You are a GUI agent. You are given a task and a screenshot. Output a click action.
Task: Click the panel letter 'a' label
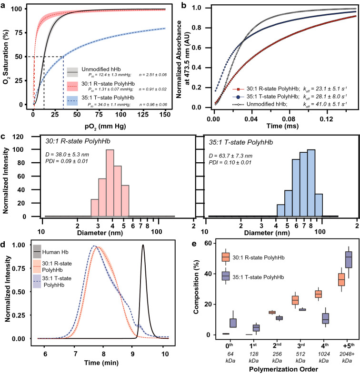click(x=4, y=4)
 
